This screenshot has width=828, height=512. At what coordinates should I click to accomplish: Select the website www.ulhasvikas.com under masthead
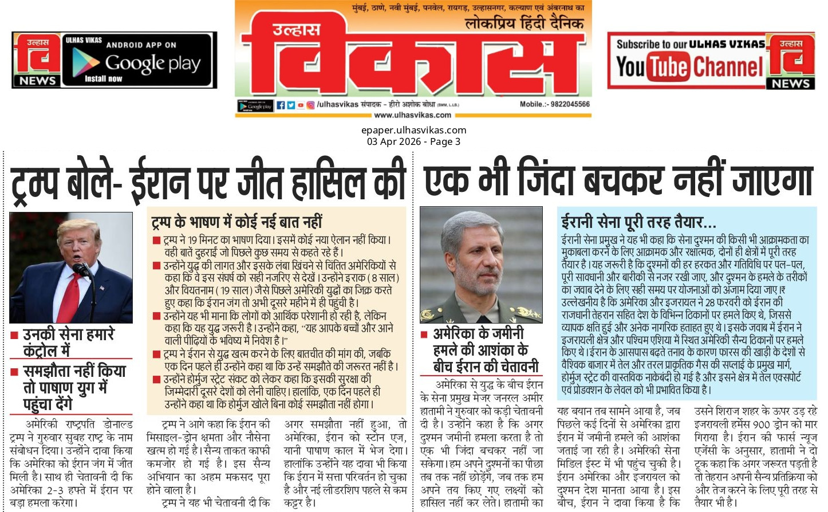[x=412, y=115]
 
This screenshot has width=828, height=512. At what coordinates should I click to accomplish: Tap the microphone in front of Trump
[x=80, y=269]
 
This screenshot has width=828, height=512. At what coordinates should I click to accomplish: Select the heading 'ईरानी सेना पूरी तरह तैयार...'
[x=638, y=222]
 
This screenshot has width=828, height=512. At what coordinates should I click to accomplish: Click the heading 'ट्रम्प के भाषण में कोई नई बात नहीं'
[x=236, y=222]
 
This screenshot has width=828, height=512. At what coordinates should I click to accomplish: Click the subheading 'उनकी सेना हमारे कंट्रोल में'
[x=69, y=342]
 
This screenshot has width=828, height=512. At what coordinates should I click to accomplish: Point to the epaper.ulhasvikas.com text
[x=413, y=130]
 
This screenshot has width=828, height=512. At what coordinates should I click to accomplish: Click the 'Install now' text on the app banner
[x=103, y=78]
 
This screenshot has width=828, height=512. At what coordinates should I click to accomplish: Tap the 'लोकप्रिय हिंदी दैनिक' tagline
[x=524, y=24]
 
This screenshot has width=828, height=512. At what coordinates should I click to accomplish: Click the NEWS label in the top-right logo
[x=791, y=83]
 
